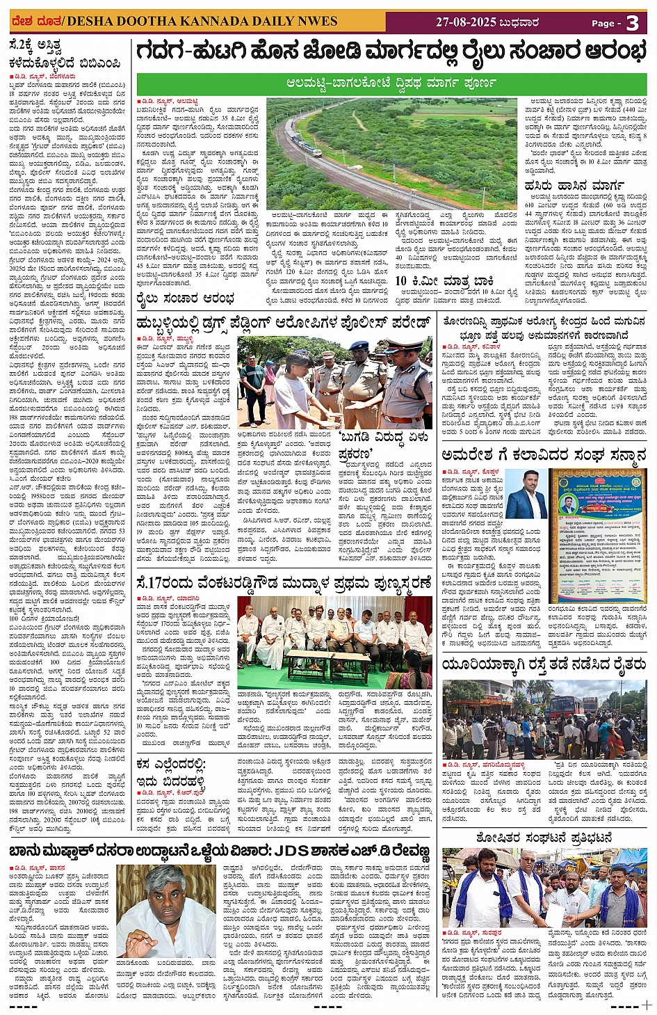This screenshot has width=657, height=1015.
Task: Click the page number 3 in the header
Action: (x=632, y=23)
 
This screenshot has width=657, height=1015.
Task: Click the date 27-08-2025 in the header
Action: (x=466, y=22)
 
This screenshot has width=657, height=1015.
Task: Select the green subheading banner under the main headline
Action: (x=391, y=83)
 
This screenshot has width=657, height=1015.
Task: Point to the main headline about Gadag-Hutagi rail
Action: (x=391, y=52)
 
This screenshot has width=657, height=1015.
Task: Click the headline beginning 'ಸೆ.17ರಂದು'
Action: (x=284, y=582)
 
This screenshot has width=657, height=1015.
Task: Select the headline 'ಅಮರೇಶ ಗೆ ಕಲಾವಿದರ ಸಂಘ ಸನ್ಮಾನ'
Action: (x=544, y=456)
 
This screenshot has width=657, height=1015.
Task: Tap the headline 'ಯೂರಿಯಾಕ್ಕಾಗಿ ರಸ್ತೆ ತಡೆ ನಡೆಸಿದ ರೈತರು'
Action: (x=544, y=665)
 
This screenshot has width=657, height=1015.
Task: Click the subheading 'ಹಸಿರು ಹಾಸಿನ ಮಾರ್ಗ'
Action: (x=565, y=186)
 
